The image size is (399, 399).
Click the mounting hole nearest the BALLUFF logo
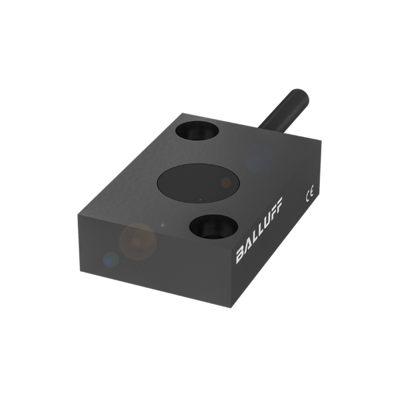coord(213,227)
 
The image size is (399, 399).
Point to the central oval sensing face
coord(199,184)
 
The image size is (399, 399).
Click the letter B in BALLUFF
coord(240,256)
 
